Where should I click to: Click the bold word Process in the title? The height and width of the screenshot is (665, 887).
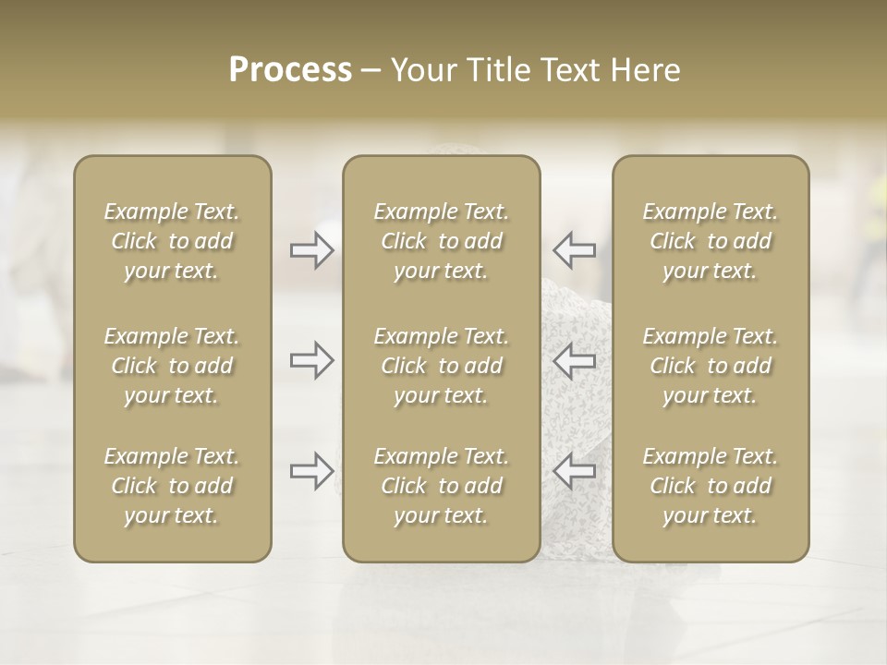(x=290, y=70)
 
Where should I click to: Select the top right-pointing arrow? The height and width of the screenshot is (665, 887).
(x=311, y=250)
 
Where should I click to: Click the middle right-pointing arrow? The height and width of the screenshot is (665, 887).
(x=311, y=360)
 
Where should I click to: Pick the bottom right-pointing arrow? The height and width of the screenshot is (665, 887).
(x=311, y=471)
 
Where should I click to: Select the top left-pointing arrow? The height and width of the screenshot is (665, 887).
(x=575, y=250)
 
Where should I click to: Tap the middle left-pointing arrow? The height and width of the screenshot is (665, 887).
(x=575, y=360)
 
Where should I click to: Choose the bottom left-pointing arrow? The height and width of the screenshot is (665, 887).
(x=575, y=471)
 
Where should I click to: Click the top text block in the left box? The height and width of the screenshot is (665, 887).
(x=172, y=241)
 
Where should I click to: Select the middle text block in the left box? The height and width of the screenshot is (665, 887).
(x=172, y=366)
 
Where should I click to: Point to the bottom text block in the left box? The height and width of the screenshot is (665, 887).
(x=172, y=486)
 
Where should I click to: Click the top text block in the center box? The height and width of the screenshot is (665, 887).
(x=441, y=241)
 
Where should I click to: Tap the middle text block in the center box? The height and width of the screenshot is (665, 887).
(x=441, y=366)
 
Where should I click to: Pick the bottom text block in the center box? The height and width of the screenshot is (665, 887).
(x=441, y=486)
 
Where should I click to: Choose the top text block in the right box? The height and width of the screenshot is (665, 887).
(x=711, y=241)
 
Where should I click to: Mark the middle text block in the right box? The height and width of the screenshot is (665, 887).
(x=711, y=366)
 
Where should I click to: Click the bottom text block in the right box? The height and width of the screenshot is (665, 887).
(x=711, y=486)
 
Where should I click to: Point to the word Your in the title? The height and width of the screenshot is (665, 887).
(x=419, y=70)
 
